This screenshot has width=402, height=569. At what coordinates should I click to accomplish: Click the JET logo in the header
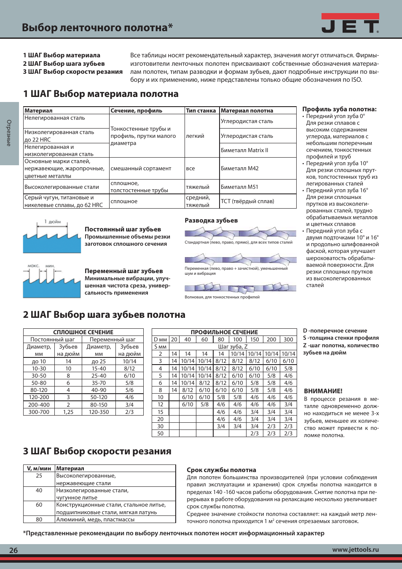point(350,24)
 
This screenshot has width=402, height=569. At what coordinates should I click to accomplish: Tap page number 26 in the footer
point(13,550)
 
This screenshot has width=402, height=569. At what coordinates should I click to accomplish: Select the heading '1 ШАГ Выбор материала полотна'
point(101,94)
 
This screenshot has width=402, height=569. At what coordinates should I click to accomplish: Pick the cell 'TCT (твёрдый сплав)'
point(247,201)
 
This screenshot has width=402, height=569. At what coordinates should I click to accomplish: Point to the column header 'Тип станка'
point(201,110)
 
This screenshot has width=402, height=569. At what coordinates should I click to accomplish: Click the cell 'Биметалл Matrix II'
point(244,150)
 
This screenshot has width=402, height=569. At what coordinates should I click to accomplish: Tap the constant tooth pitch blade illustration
point(52,237)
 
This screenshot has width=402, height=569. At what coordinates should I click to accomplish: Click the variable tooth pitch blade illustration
point(52,281)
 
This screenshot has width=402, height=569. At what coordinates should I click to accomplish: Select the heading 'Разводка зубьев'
point(211,220)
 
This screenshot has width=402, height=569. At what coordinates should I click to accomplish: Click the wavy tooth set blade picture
point(240,287)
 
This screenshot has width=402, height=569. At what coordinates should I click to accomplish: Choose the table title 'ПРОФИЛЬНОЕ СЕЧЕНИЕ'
point(224,332)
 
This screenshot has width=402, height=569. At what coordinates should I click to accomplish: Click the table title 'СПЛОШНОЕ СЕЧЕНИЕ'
point(83,332)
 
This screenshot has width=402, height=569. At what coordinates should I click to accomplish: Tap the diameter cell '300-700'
point(39,412)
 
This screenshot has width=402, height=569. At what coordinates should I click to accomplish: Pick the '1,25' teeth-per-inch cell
point(68,412)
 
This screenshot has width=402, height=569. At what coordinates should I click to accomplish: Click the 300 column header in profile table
point(288,339)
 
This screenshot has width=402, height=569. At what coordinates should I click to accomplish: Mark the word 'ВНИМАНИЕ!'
point(323,391)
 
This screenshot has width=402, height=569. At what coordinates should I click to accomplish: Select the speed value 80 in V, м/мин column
point(39,519)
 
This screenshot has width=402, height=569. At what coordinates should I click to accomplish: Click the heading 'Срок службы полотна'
point(221,470)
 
